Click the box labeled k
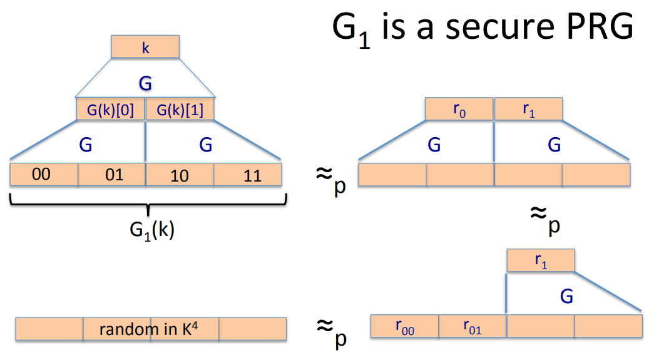(145, 47)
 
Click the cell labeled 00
(44, 175)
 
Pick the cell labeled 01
(112, 175)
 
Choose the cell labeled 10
(180, 175)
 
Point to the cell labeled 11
(248, 175)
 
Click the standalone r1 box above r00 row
(540, 260)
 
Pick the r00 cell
(405, 326)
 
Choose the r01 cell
(473, 326)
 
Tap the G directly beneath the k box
(145, 83)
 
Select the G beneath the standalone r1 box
(566, 296)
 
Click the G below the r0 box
(434, 145)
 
